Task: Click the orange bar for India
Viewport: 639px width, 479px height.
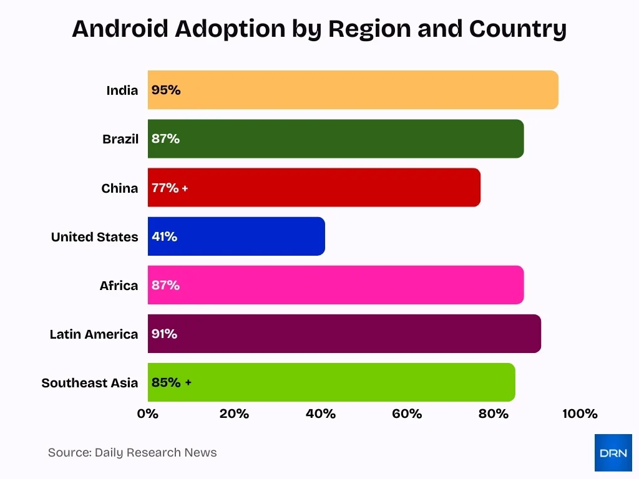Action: point(353,90)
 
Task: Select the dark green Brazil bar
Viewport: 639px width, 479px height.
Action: point(336,138)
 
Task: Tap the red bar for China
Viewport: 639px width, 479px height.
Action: point(314,187)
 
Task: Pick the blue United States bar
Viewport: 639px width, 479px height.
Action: point(237,236)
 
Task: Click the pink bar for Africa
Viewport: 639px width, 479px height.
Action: point(336,285)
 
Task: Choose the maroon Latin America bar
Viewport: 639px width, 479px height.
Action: point(344,334)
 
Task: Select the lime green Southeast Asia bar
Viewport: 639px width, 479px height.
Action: point(331,382)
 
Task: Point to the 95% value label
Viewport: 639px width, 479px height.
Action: point(166,90)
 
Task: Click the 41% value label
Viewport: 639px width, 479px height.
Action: point(164,236)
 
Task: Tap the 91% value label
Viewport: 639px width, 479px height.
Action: point(164,334)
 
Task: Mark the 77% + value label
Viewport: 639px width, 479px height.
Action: point(169,188)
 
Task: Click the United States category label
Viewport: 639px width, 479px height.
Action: point(95,237)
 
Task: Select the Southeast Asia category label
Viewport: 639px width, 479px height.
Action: point(90,383)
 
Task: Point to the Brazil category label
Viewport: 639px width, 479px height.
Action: point(120,139)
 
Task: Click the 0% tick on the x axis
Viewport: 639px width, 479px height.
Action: point(148,414)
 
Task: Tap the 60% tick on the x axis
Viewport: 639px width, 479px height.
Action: point(407,414)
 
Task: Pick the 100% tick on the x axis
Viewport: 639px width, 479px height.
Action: point(580,414)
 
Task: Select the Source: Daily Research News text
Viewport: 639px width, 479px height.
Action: point(132,453)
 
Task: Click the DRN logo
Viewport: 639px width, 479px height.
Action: point(613,453)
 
